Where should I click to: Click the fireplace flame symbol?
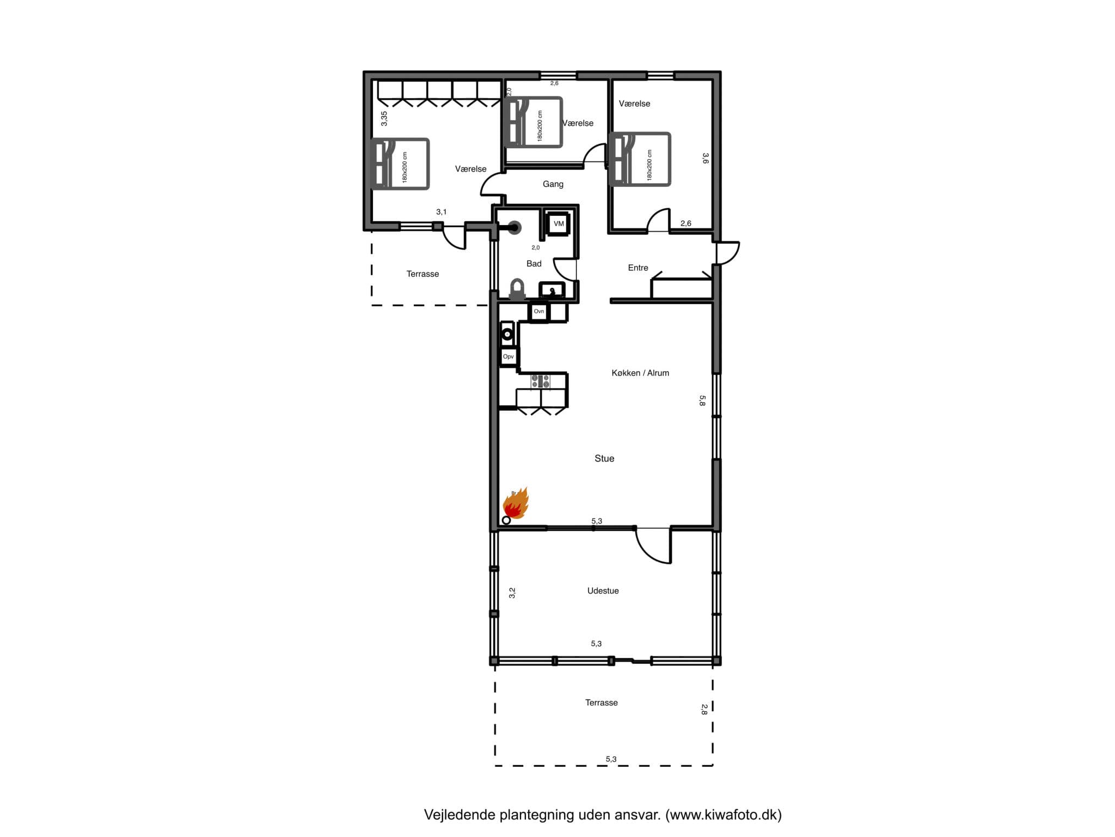click(x=516, y=504)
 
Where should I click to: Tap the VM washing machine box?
click(x=558, y=224)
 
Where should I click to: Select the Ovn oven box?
click(x=539, y=312)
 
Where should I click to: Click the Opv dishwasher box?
click(x=509, y=357)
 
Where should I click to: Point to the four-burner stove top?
click(x=541, y=381)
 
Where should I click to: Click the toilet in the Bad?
click(x=517, y=289)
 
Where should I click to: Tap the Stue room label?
click(x=604, y=459)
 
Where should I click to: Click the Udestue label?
click(x=603, y=591)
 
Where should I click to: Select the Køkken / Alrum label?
click(x=640, y=373)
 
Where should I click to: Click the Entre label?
click(x=638, y=268)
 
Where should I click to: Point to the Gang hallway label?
click(x=553, y=184)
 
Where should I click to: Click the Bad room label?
click(x=534, y=264)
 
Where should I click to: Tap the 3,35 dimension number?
click(x=384, y=119)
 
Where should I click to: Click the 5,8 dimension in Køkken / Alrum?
click(x=702, y=401)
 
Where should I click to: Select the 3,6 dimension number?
click(x=705, y=159)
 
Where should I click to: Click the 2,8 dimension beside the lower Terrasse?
click(x=704, y=709)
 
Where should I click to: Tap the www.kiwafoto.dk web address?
click(x=724, y=815)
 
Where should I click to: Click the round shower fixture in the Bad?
click(x=514, y=228)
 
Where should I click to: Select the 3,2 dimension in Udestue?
click(x=512, y=593)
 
